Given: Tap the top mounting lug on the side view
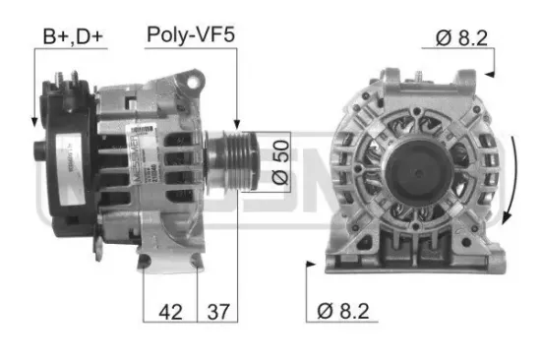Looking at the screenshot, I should (x=185, y=76).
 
